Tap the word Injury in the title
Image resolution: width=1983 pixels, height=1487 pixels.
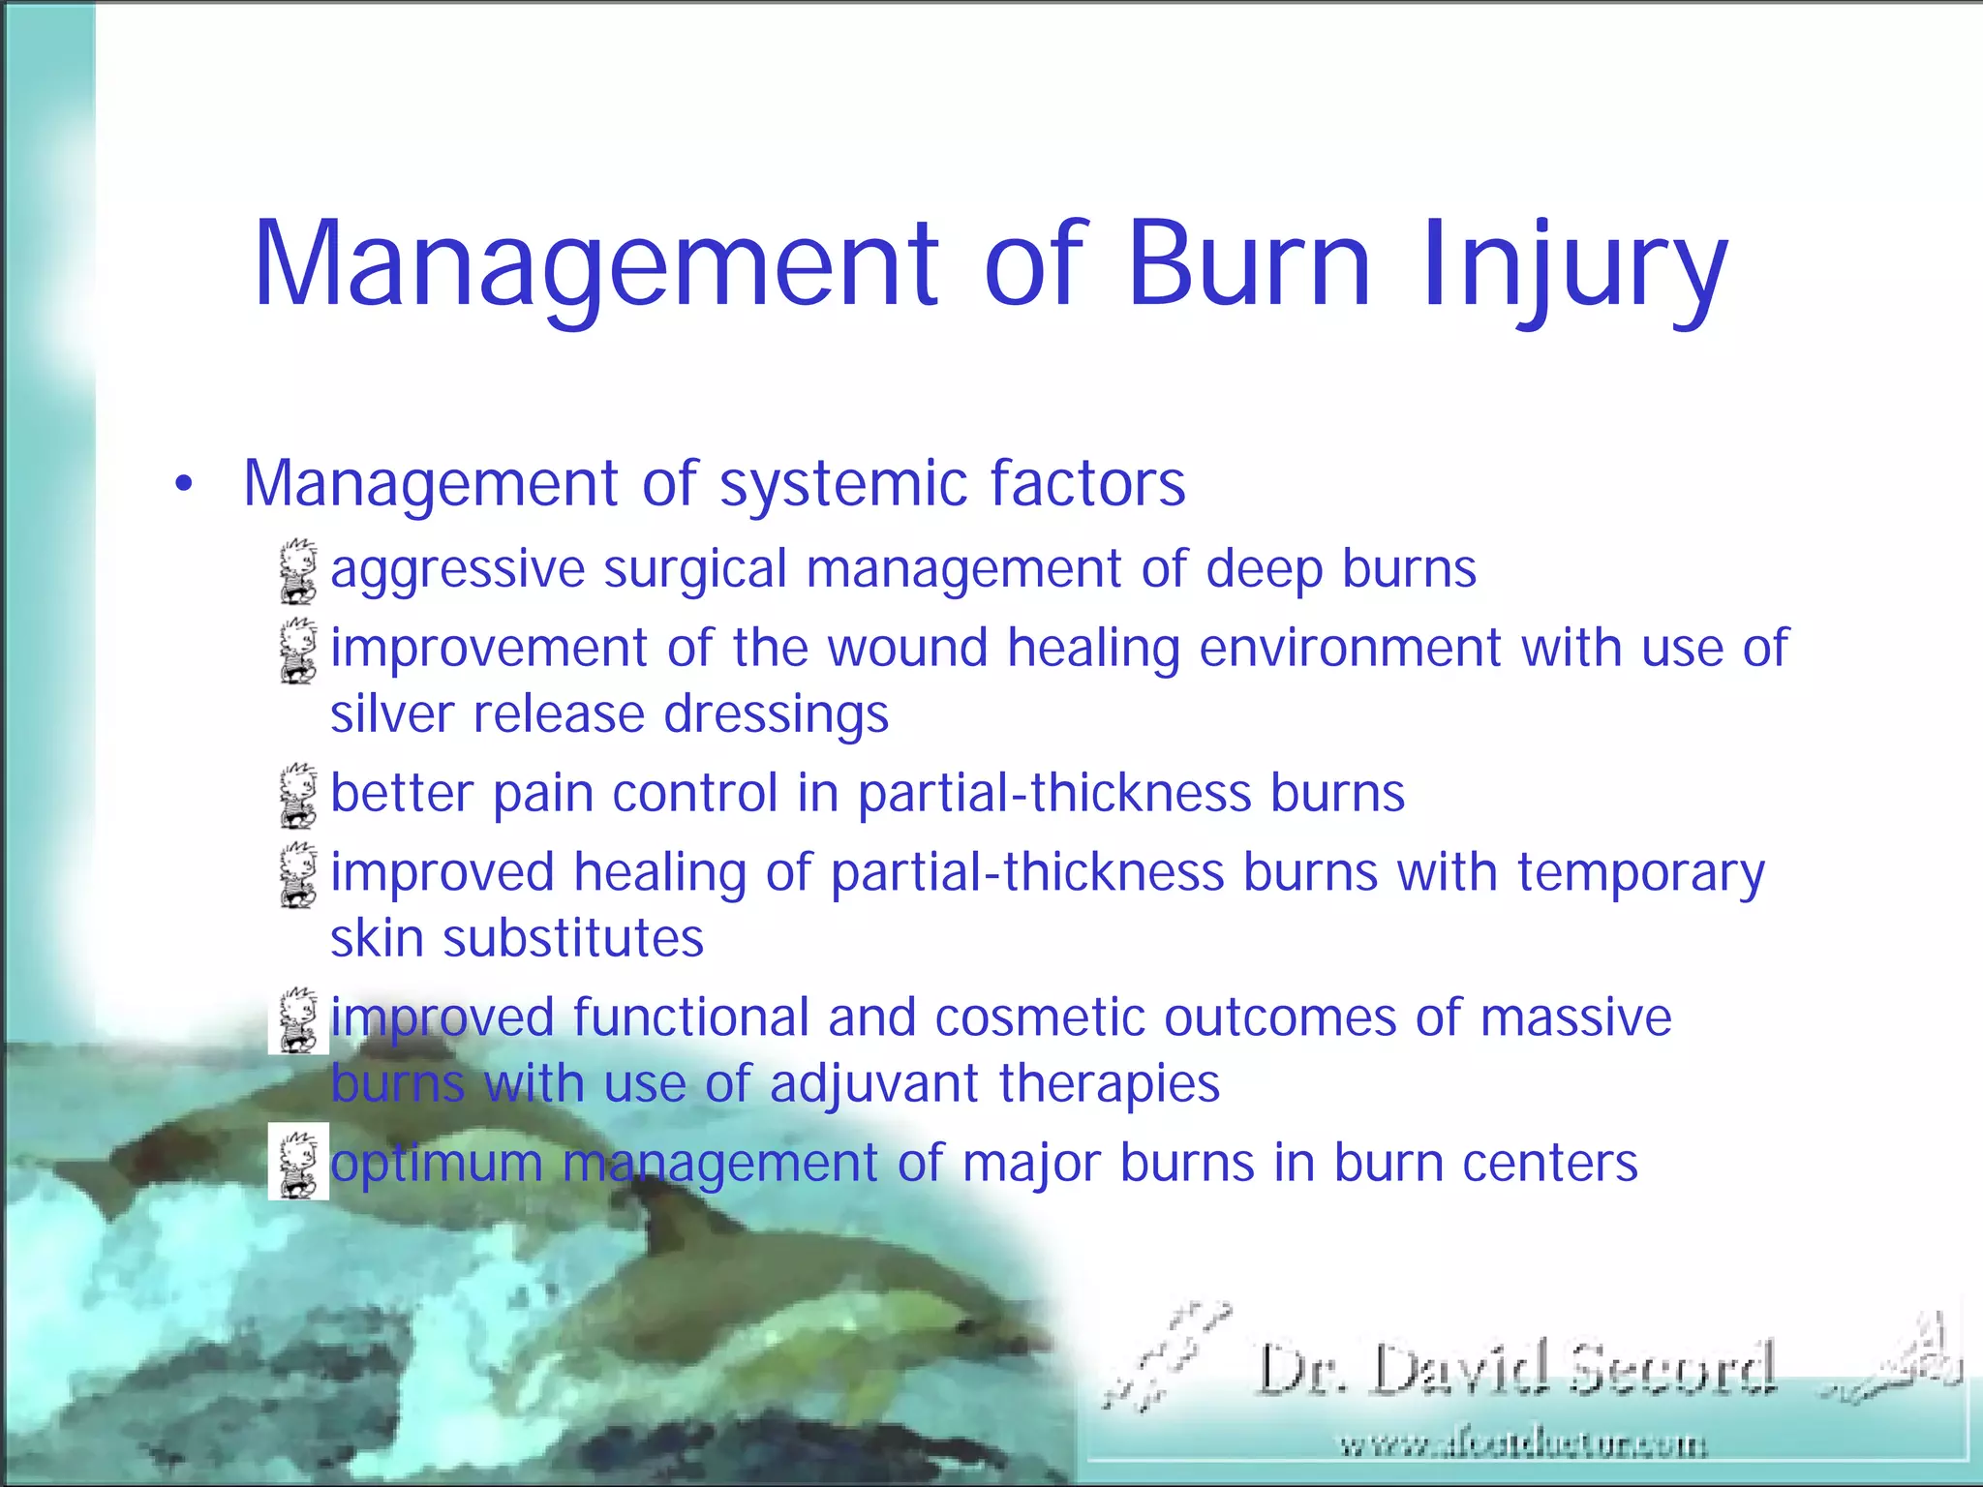tap(1573, 267)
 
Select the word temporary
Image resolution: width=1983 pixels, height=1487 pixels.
tap(1640, 874)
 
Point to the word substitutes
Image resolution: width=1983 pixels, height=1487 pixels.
tap(573, 939)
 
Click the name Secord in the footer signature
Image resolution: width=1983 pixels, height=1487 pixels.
tap(1670, 1370)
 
